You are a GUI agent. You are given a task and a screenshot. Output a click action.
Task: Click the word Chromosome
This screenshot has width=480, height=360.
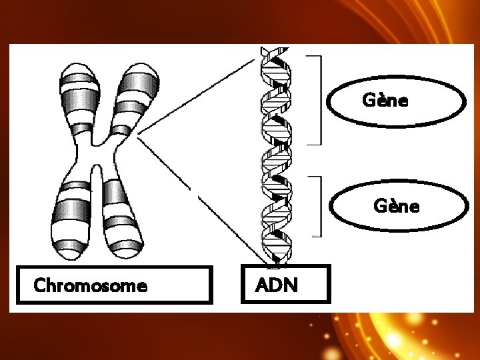[90, 285]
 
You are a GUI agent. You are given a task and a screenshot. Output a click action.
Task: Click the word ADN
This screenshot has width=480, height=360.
[277, 285]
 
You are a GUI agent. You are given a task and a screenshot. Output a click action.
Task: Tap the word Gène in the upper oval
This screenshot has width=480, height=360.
[385, 101]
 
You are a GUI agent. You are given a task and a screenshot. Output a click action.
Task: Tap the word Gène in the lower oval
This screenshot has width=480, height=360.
[397, 206]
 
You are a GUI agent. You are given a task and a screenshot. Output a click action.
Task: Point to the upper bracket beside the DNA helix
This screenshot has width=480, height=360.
[320, 100]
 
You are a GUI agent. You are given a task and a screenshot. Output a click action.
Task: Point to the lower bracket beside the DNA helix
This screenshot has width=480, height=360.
[320, 206]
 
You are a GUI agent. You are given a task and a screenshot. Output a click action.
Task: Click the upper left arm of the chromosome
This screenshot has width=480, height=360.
[77, 100]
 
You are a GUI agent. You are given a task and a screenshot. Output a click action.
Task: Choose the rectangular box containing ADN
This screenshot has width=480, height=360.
[285, 267]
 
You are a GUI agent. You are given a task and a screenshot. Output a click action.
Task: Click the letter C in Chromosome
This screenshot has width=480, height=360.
[39, 285]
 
